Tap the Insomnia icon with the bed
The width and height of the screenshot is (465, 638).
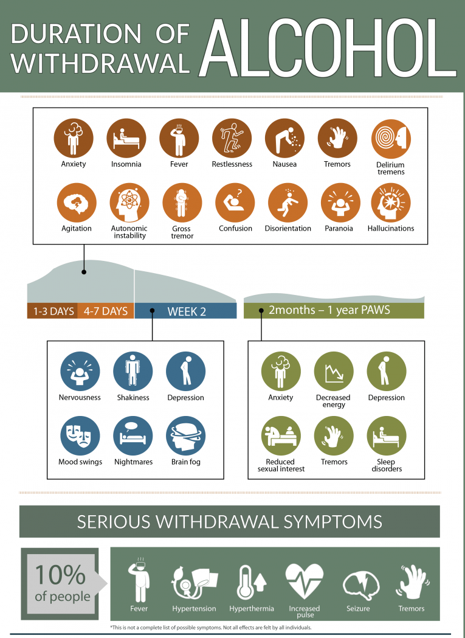pyautogui.click(x=126, y=138)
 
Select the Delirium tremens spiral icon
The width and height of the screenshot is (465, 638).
pyautogui.click(x=391, y=138)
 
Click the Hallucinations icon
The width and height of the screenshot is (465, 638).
pyautogui.click(x=391, y=203)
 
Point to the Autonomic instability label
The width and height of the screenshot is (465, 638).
pyautogui.click(x=129, y=232)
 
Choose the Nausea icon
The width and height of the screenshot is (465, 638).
pyautogui.click(x=284, y=138)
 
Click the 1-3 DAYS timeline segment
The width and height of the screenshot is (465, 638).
pyautogui.click(x=53, y=311)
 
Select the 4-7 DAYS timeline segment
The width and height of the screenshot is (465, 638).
pyautogui.click(x=106, y=311)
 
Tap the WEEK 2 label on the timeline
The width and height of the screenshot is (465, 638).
pyautogui.click(x=187, y=311)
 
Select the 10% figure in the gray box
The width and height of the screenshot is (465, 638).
pyautogui.click(x=60, y=575)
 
